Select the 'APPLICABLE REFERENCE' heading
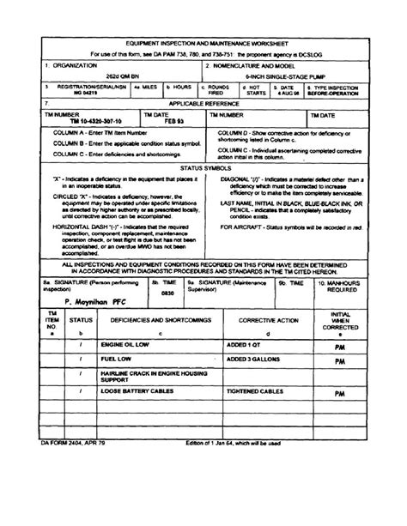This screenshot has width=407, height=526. tap(203, 103)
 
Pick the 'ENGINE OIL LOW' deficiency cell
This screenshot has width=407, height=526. tap(125, 345)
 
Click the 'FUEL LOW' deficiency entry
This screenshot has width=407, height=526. tap(116, 360)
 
